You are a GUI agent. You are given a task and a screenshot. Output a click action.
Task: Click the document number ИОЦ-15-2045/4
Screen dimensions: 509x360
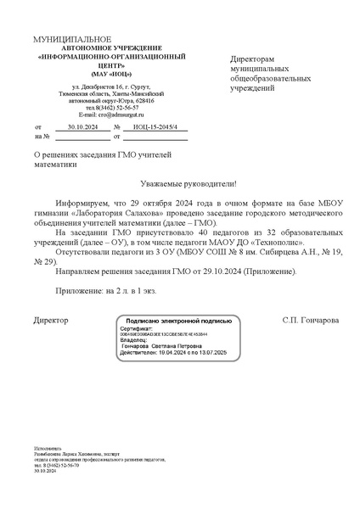154,125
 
